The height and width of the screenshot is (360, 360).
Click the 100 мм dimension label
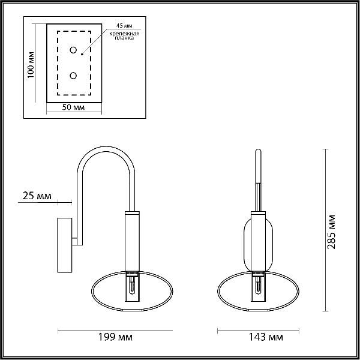[31, 65]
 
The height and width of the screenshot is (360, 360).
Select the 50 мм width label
[73, 107]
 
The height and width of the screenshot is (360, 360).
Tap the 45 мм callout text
[124, 25]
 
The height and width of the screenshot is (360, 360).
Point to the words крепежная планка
[124, 36]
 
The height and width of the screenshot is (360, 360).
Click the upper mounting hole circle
[73, 50]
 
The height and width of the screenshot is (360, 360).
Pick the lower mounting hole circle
[73, 76]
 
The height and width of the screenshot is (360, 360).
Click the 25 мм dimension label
[37, 196]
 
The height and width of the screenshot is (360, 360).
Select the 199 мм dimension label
[115, 337]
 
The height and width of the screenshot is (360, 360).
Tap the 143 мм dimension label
[266, 337]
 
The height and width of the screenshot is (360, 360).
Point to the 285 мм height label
[331, 232]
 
